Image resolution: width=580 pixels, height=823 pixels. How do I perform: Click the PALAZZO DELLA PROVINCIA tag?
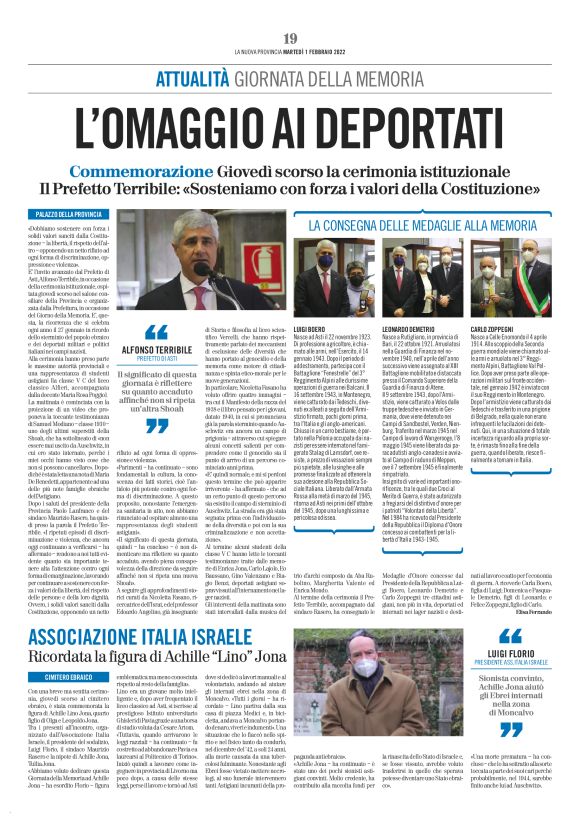[68, 215]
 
